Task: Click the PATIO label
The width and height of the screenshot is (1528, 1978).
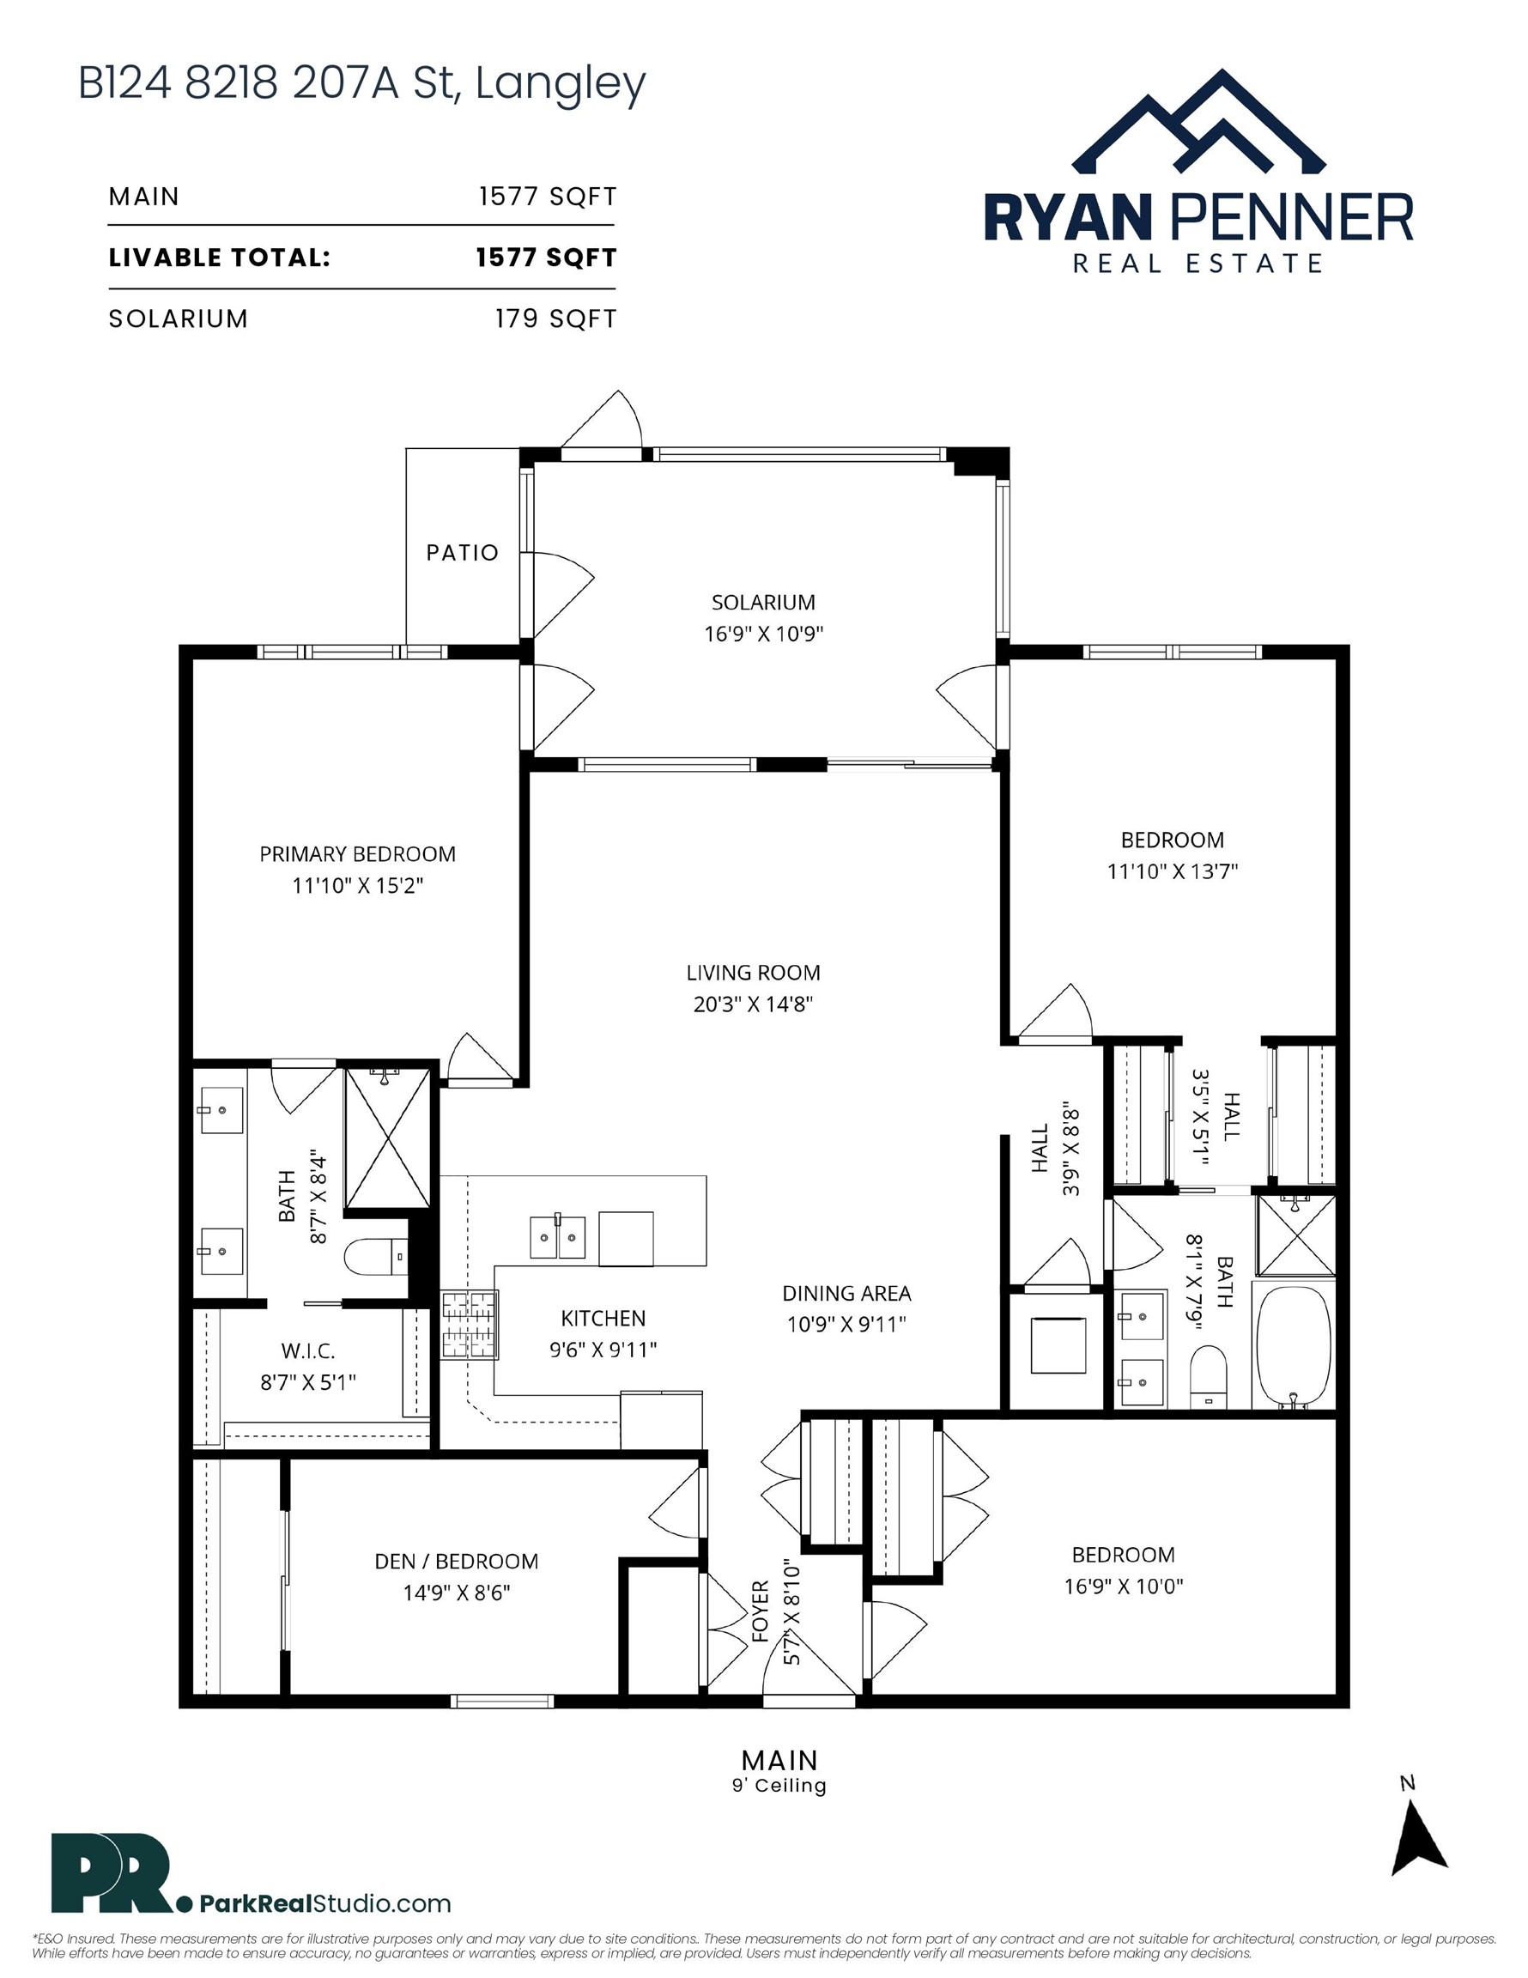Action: click(462, 553)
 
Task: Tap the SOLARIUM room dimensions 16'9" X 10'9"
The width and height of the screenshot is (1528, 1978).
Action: click(763, 633)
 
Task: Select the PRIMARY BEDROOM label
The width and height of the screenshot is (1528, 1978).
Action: click(358, 853)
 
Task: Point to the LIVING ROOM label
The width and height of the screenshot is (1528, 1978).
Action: click(753, 973)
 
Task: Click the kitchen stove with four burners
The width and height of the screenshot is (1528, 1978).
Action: click(470, 1325)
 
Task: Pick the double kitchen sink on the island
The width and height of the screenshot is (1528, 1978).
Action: click(557, 1238)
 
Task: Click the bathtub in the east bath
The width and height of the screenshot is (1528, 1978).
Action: click(1294, 1346)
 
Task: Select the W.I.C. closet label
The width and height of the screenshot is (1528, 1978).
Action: click(308, 1350)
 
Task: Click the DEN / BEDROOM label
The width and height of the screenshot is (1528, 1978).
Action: click(457, 1561)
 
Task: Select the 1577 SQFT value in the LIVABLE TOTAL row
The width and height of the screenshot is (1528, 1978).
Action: click(546, 258)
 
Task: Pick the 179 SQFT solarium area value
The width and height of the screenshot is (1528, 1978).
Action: click(555, 319)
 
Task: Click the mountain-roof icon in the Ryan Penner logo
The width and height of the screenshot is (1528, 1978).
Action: click(1198, 120)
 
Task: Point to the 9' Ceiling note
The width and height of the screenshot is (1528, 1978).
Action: click(779, 1785)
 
